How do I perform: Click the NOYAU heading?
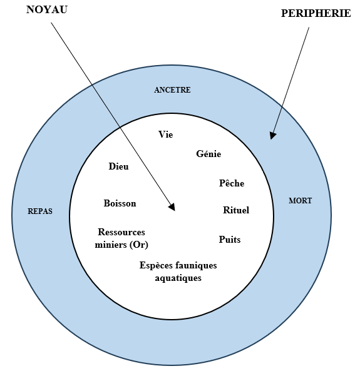point(47,10)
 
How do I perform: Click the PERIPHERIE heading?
point(316,13)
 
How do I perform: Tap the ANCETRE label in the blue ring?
point(172,90)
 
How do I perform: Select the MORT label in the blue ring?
point(300,201)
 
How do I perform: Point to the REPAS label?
point(40,211)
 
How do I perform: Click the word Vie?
point(166,135)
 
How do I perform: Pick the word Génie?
point(208,154)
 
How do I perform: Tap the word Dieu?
point(119,166)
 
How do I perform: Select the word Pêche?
point(232,183)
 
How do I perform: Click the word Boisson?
point(120,203)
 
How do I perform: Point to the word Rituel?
point(236,210)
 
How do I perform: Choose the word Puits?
point(230,240)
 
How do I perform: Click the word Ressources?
point(121,232)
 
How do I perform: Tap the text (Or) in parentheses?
point(139,245)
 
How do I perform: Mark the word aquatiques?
point(178,278)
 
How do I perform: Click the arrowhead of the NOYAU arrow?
point(172,207)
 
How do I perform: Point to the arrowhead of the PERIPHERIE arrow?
point(272,136)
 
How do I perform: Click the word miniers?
point(111,245)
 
